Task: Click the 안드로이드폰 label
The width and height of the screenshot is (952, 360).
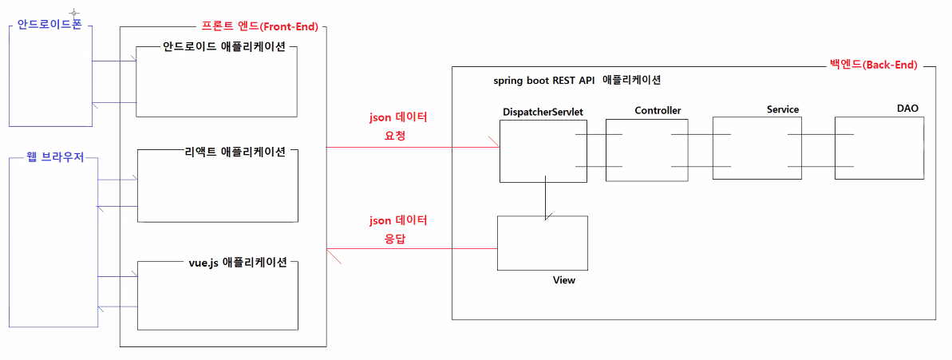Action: (x=49, y=25)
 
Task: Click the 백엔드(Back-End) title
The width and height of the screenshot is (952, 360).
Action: (x=874, y=65)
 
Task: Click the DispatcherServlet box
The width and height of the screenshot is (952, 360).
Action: (x=543, y=151)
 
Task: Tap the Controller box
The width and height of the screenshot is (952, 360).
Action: (x=646, y=151)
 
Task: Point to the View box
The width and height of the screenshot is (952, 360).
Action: (x=543, y=243)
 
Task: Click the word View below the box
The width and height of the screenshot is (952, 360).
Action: (x=564, y=280)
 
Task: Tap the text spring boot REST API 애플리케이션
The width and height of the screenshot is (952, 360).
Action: (x=577, y=81)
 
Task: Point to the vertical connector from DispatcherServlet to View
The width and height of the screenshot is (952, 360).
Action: (x=546, y=198)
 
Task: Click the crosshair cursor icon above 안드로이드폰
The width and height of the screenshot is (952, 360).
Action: (x=74, y=14)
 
